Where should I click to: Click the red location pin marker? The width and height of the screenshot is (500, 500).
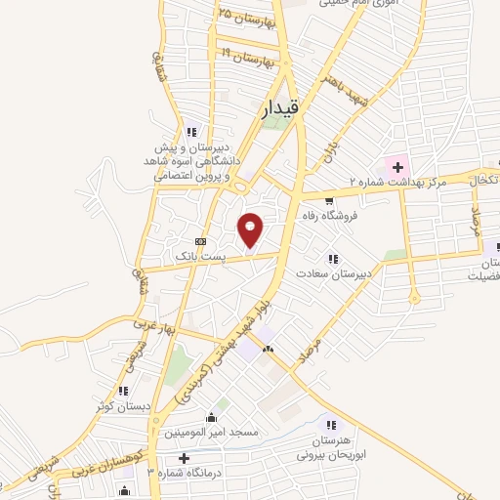pos(251,229)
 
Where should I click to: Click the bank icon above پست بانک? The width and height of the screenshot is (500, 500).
pos(201,240)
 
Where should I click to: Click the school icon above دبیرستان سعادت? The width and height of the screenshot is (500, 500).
pos(333,260)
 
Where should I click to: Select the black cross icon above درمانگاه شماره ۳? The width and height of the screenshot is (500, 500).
pos(184,457)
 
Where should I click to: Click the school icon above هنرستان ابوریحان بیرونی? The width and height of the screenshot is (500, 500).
pos(331,424)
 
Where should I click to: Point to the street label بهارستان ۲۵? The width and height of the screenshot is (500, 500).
pos(248,17)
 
